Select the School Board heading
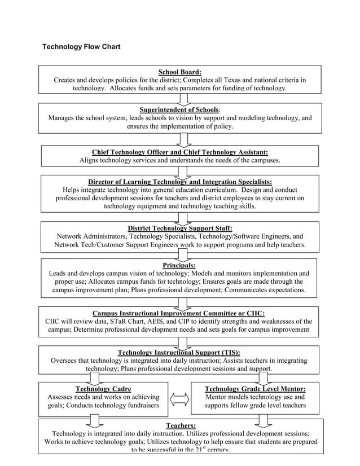point(179,72)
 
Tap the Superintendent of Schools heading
point(179,109)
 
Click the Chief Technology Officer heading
point(179,152)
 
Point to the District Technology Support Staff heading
point(179,228)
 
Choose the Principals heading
point(179,265)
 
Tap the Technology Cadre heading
point(103,389)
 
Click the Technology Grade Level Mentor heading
point(255,389)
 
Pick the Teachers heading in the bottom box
point(181,425)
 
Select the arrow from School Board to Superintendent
point(183,98)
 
